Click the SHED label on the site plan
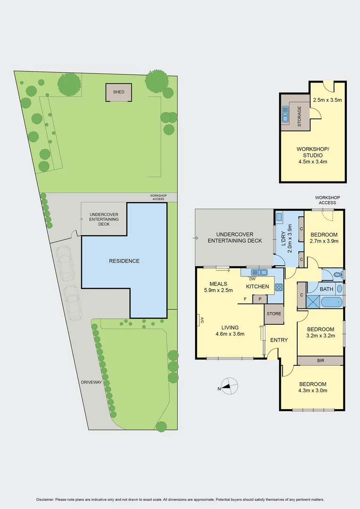pyautogui.click(x=119, y=92)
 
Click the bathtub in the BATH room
pyautogui.click(x=331, y=302)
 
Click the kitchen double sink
pyautogui.click(x=259, y=272)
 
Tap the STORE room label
pyautogui.click(x=274, y=313)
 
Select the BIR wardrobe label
pyautogui.click(x=320, y=361)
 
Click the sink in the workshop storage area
pyautogui.click(x=285, y=115)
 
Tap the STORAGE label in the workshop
pyautogui.click(x=299, y=116)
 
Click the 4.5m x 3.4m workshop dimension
pyautogui.click(x=313, y=162)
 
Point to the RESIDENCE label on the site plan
pyautogui.click(x=124, y=261)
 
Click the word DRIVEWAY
pyautogui.click(x=92, y=382)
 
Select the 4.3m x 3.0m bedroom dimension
pyautogui.click(x=313, y=390)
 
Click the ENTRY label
pyautogui.click(x=279, y=340)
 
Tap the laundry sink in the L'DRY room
pyautogui.click(x=279, y=218)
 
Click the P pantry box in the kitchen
pyautogui.click(x=259, y=299)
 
